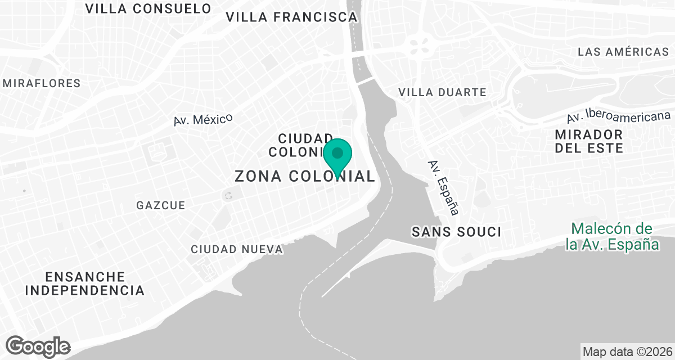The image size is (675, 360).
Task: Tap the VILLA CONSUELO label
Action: click(x=148, y=8)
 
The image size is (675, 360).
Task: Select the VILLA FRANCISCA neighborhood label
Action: click(x=291, y=17)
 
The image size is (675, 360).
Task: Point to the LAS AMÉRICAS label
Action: click(x=623, y=52)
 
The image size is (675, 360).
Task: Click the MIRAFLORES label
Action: click(x=42, y=83)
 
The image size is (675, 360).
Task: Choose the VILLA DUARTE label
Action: click(x=442, y=92)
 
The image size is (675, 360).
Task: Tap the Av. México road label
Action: click(x=203, y=119)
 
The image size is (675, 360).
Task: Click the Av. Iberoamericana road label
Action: click(x=618, y=116)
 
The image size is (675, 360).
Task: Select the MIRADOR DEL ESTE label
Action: click(x=589, y=142)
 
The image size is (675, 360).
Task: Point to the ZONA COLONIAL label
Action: click(x=304, y=176)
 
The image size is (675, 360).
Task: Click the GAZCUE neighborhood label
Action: click(x=160, y=205)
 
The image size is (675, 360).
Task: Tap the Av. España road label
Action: click(x=443, y=188)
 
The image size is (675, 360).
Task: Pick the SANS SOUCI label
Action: click(x=456, y=232)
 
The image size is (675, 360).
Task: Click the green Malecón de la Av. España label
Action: click(x=613, y=237)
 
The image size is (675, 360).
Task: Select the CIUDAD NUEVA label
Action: click(x=236, y=249)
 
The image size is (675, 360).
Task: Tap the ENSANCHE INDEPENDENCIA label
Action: click(x=85, y=283)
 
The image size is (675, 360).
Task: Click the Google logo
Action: click(x=38, y=346)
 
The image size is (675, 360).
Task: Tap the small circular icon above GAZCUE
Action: click(x=228, y=196)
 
